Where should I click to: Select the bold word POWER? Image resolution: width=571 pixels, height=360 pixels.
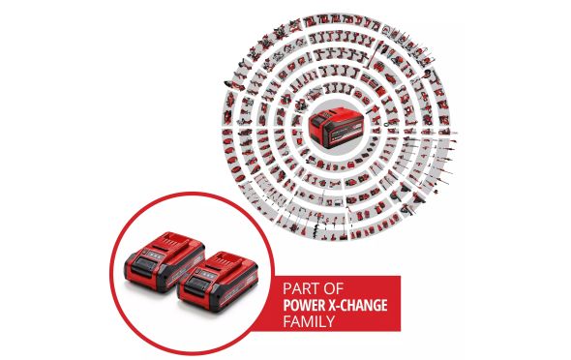pos(303,305)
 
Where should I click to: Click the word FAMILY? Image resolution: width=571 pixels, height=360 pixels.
pos(309,321)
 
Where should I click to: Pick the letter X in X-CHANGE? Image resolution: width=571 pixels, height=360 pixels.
pos(330,305)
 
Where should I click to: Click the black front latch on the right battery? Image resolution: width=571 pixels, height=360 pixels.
pos(195,285)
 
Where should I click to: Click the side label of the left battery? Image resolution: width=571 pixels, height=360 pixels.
pos(185,268)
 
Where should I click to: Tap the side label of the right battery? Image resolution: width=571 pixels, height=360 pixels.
pos(238,287)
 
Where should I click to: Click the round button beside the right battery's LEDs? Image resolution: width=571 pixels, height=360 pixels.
pos(197,271)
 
